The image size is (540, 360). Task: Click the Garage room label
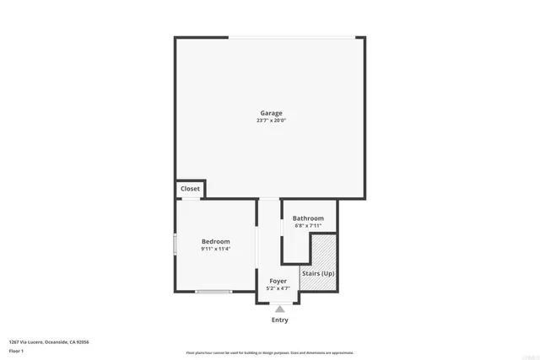tap(271, 113)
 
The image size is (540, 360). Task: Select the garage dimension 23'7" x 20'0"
tap(271, 121)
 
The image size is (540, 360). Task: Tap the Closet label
tap(191, 189)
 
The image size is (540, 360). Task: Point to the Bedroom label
tap(215, 242)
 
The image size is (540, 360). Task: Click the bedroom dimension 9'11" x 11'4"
tap(215, 250)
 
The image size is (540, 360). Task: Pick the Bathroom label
tap(308, 218)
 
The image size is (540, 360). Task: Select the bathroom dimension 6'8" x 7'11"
tap(308, 226)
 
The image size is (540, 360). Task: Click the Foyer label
tap(278, 281)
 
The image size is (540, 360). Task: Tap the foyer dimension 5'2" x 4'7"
tap(278, 288)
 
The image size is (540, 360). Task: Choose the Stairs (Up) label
tap(318, 274)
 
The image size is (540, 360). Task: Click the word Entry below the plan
tap(279, 320)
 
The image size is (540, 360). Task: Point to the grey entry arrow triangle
tap(279, 309)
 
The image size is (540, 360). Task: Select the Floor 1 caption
tap(16, 350)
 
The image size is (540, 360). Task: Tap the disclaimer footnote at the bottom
tap(270, 352)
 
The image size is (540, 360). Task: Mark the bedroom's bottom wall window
tap(213, 292)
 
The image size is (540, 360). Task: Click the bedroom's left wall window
tap(175, 244)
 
